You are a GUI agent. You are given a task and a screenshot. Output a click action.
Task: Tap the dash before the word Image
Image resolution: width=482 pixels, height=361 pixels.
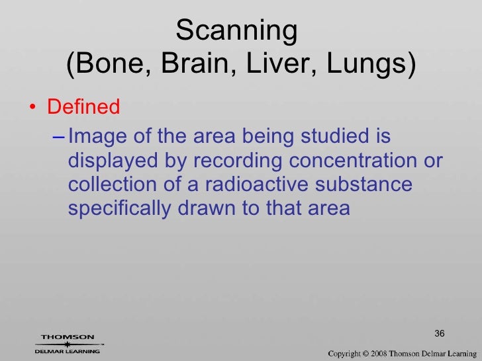pos(58,138)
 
